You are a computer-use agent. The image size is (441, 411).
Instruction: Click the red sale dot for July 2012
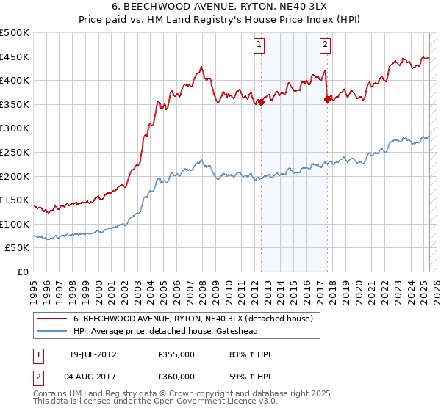click(x=261, y=103)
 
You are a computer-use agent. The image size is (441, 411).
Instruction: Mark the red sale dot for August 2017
click(x=327, y=100)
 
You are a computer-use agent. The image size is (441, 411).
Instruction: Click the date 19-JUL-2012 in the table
click(x=93, y=354)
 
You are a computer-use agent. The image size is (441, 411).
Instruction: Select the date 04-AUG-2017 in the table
click(x=93, y=378)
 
